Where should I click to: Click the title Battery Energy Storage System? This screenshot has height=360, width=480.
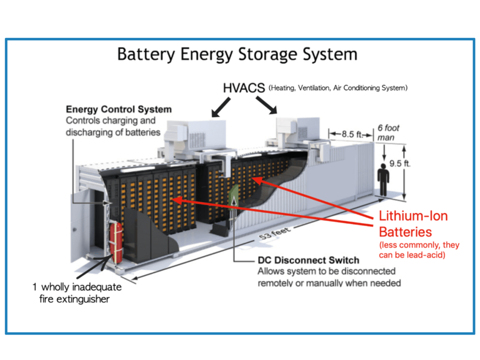click(237, 54)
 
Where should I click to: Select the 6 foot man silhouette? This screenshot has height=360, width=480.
click(383, 179)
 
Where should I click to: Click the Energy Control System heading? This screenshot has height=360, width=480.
click(119, 110)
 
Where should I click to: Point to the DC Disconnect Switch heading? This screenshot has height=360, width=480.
click(308, 260)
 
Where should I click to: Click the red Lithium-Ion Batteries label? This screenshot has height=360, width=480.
click(412, 224)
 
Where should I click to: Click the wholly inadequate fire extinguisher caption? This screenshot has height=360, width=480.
click(79, 292)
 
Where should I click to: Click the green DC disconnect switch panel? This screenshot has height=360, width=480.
click(233, 200)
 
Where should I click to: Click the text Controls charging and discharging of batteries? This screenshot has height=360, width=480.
click(112, 125)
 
